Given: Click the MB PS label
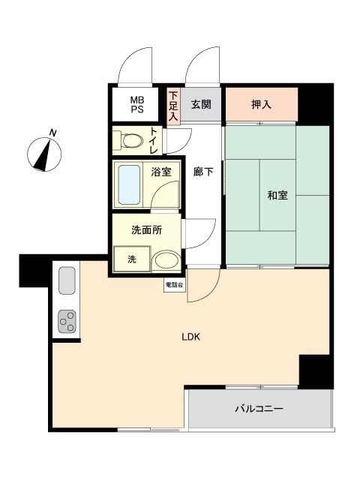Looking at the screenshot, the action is pos(136,105).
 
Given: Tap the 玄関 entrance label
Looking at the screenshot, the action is pos(201,104).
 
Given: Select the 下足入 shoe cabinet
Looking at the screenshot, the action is pos(173,106).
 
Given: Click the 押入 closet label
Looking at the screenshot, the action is pos(261,105).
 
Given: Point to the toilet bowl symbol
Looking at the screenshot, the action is pos(129,141).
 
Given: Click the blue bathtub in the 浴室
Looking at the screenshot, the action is pos(129,185).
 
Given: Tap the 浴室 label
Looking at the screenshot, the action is pos(161,172).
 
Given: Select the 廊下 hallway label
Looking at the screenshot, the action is pos(203,172).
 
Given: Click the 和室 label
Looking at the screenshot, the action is pos(277,195).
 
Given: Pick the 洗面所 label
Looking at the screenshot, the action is pos(147,230).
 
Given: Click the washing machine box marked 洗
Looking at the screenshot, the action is pos(132,259).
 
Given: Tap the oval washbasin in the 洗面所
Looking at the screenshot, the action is pos(166,261).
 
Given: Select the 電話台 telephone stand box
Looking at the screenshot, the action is pos(175,285).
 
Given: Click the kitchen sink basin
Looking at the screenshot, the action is pos(67,280).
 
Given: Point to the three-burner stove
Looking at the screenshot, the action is pos(67,322).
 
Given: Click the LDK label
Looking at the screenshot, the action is pos(190,337).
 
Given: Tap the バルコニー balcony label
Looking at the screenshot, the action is pos(259,409).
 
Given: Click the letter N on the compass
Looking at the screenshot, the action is pos(53,133).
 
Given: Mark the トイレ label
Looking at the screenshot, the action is pos(153,141).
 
